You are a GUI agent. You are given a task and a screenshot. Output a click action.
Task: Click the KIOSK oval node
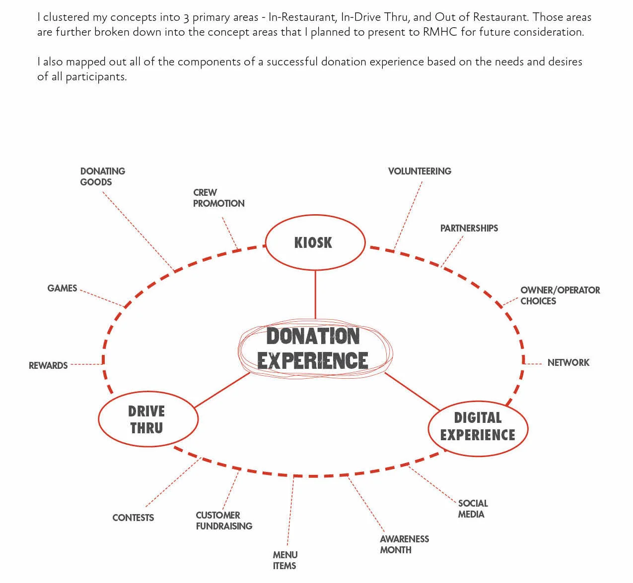pyautogui.click(x=315, y=242)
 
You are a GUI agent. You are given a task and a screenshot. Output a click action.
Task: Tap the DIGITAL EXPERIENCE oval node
pyautogui.click(x=478, y=427)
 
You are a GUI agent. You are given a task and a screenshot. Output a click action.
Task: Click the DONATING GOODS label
pyautogui.click(x=102, y=176)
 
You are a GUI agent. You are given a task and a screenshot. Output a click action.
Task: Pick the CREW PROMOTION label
pyautogui.click(x=218, y=198)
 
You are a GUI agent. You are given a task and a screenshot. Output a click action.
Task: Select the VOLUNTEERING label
pyautogui.click(x=420, y=171)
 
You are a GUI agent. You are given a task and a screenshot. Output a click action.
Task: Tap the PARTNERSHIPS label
pyautogui.click(x=469, y=228)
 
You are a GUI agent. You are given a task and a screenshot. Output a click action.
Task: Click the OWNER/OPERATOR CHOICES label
pyautogui.click(x=560, y=295)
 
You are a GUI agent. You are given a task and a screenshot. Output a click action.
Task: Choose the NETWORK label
pyautogui.click(x=568, y=362)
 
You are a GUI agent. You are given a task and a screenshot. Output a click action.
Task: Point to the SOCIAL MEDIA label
pyautogui.click(x=472, y=509)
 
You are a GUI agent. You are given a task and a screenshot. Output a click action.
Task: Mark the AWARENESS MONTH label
pyautogui.click(x=404, y=544)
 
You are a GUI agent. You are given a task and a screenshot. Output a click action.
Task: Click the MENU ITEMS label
pyautogui.click(x=285, y=560)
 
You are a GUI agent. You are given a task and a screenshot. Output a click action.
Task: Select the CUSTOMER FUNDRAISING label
pyautogui.click(x=223, y=521)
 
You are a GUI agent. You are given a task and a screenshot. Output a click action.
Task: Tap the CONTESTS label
pyautogui.click(x=133, y=518)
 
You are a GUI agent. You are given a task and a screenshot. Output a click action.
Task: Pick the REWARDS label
pyautogui.click(x=48, y=365)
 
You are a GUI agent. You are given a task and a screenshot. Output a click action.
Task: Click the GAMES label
pyautogui.click(x=62, y=288)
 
